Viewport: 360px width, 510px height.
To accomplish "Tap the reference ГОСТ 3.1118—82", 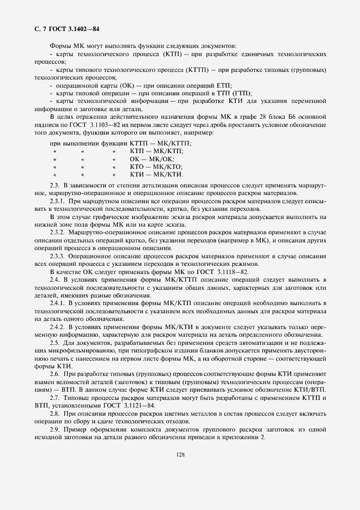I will [x=225, y=271].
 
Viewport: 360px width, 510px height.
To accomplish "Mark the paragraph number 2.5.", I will [x=55, y=342].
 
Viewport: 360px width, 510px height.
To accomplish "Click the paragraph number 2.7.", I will [x=55, y=398].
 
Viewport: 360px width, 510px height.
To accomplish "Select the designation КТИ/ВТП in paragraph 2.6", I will [x=310, y=390].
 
